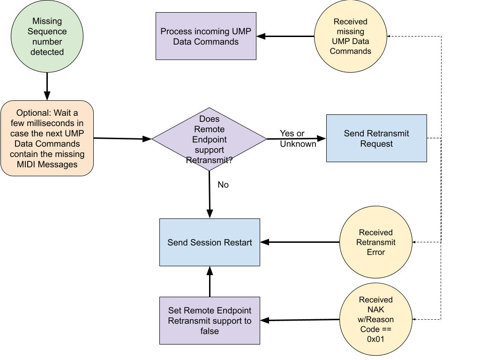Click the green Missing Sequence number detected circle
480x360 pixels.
pyautogui.click(x=47, y=37)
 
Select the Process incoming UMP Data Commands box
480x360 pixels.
pyautogui.click(x=206, y=36)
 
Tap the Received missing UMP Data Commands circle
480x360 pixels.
pyautogui.click(x=350, y=37)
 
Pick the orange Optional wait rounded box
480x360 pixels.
pyautogui.click(x=47, y=138)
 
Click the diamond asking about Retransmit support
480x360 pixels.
pyautogui.click(x=209, y=140)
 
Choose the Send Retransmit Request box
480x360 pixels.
pyautogui.click(x=376, y=138)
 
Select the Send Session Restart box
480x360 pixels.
pyautogui.click(x=210, y=242)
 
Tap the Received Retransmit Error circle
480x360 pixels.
pyautogui.click(x=375, y=242)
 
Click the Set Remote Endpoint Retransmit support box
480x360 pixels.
pyautogui.click(x=210, y=321)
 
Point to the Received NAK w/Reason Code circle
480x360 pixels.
pyautogui.click(x=375, y=319)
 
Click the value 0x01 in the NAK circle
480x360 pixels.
pyautogui.click(x=375, y=339)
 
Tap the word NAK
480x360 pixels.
pyautogui.click(x=375, y=310)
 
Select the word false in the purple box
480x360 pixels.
pyautogui.click(x=210, y=331)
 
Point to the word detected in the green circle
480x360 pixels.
pyautogui.click(x=47, y=52)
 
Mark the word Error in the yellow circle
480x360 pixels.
pyautogui.click(x=375, y=252)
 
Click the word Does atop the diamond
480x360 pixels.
pyautogui.click(x=209, y=119)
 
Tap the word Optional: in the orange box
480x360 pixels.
pyautogui.click(x=33, y=113)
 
